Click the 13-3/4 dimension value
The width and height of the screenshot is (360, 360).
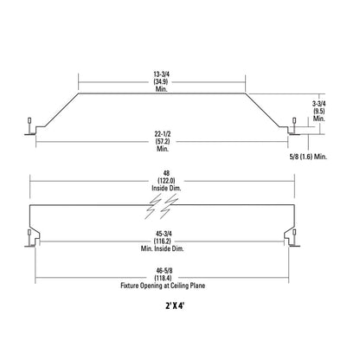pos(161,74)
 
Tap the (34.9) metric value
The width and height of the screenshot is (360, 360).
pos(161,82)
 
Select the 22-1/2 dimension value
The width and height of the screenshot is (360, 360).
pos(163,134)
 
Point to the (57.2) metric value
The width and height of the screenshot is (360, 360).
pos(163,142)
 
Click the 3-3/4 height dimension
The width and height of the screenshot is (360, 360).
pos(318,104)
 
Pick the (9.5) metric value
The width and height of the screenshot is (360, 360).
pos(318,111)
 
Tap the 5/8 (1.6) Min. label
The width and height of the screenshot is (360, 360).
pos(308,157)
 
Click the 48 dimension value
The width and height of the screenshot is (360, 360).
pos(166,174)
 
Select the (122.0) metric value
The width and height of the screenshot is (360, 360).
pos(166,181)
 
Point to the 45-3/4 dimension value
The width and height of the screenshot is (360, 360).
pos(162,234)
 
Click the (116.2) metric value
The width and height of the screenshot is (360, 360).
pos(162,241)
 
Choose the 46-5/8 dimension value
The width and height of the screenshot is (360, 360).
pos(163,271)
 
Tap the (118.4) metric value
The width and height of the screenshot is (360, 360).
pos(163,278)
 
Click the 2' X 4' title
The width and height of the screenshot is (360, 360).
pos(175,305)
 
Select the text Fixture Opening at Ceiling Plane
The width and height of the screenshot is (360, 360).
pos(163,286)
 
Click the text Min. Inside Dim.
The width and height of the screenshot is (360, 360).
pos(162,248)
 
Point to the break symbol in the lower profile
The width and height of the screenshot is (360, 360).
pos(161,206)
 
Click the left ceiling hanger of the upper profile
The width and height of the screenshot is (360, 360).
pos(29,126)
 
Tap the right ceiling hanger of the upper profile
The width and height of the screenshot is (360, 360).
pos(294,126)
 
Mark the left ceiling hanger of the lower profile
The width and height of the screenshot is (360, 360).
pos(29,238)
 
